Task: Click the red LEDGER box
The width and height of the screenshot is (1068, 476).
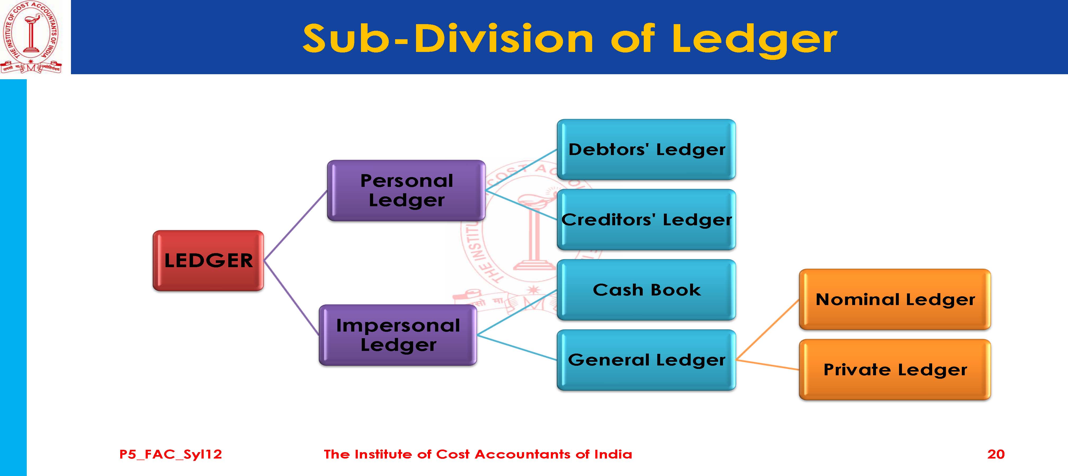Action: [208, 261]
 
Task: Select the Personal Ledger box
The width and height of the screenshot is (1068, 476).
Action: [406, 191]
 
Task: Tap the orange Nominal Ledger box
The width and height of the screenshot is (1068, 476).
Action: [895, 299]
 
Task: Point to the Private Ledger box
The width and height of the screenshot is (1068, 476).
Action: [895, 369]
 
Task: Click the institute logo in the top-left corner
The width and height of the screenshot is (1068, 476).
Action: [31, 37]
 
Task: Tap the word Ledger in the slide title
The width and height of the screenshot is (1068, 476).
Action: [754, 39]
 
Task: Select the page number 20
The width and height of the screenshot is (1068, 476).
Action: [996, 454]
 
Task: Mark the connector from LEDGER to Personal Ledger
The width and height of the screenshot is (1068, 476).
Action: [295, 226]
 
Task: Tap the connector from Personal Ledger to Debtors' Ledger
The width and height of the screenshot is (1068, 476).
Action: [521, 170]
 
